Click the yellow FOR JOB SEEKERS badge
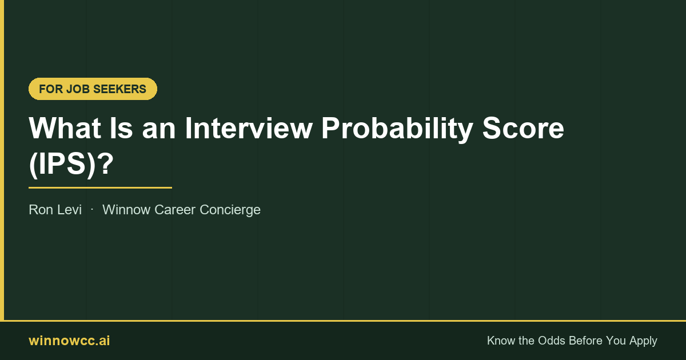pos(93,89)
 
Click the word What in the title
pos(65,128)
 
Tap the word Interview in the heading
pos(249,128)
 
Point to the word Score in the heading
pos(523,128)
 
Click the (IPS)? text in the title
pos(71,164)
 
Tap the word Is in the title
pos(121,128)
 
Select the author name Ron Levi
pos(55,210)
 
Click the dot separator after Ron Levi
pos(92,210)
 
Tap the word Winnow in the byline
pos(126,210)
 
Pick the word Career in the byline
pos(175,210)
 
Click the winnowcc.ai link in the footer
pos(69,341)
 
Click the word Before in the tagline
pos(585,341)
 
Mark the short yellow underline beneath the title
pos(100,187)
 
